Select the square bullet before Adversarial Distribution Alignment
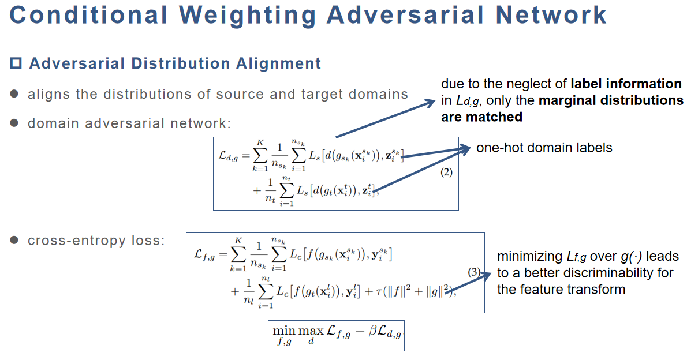(16, 63)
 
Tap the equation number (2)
(446, 172)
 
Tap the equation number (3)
(474, 272)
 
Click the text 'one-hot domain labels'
(544, 148)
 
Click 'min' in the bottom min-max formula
(284, 331)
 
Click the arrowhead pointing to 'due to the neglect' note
(428, 103)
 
